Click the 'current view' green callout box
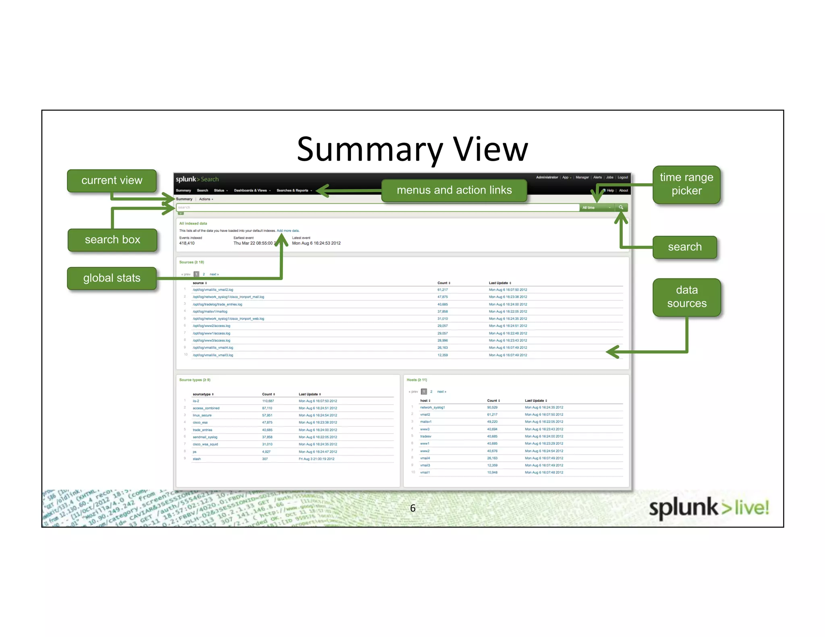coord(112,181)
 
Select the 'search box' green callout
coord(112,240)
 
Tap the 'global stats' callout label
coord(112,278)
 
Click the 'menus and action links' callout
coord(454,190)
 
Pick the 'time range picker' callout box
coord(686,184)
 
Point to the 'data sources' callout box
coord(686,297)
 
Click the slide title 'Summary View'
coord(412,149)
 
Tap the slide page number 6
coord(412,508)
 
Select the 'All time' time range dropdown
coord(597,208)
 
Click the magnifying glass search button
coord(621,208)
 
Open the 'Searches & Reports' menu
coord(293,190)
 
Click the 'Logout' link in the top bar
coord(623,178)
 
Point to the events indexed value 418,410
coord(187,243)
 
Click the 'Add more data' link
coord(288,231)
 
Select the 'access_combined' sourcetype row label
coord(206,408)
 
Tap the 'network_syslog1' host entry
coord(432,407)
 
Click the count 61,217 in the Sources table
coord(442,290)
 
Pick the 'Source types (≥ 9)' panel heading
coord(195,380)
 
